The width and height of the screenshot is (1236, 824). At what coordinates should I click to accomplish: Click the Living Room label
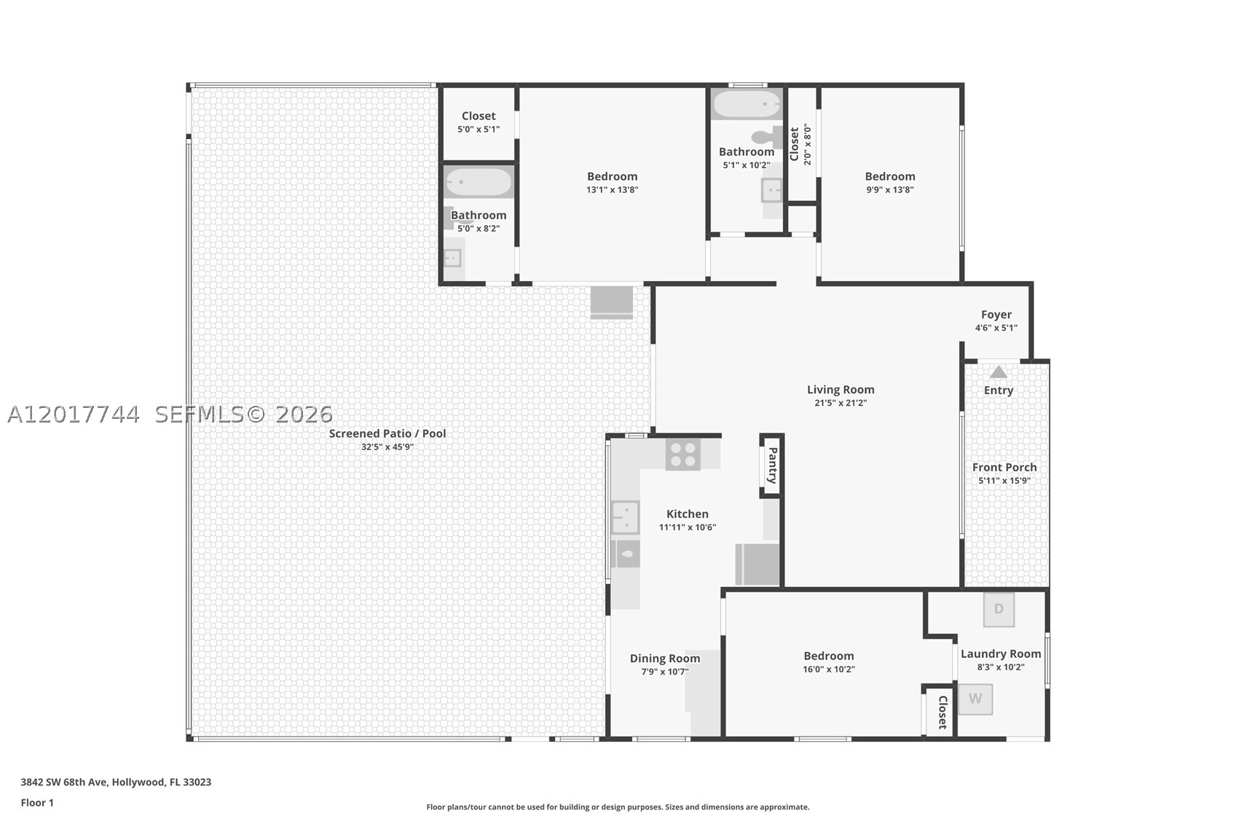(841, 390)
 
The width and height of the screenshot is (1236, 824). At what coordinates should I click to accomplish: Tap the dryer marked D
(999, 609)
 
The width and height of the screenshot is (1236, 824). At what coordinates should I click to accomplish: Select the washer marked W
(975, 699)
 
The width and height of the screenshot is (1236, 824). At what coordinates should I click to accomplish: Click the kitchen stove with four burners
(682, 455)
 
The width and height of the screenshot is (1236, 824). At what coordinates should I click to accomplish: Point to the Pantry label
(773, 466)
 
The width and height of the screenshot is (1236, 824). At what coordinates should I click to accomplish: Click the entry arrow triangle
(998, 372)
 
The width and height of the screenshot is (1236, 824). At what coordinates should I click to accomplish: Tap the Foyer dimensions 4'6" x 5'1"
(996, 328)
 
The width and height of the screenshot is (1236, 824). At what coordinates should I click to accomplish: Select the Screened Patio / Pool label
(387, 433)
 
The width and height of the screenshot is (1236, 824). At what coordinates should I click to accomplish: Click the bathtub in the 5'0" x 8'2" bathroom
(479, 182)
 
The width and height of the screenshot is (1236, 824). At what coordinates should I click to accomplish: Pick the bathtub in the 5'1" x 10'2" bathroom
(747, 103)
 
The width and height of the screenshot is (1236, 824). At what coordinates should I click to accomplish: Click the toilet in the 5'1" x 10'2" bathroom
(767, 137)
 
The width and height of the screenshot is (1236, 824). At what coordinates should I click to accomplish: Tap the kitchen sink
(625, 517)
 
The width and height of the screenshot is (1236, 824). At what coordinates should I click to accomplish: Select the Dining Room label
(665, 659)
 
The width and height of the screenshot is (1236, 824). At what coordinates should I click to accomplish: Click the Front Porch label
(1004, 468)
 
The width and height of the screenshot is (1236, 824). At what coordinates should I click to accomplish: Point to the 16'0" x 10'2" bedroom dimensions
(829, 670)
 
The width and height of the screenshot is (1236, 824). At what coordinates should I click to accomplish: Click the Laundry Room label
(1001, 654)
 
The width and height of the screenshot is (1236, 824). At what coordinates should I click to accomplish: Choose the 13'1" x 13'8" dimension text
(612, 190)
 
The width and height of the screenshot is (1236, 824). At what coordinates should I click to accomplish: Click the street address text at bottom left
(116, 782)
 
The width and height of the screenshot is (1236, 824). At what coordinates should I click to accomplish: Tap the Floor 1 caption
(37, 803)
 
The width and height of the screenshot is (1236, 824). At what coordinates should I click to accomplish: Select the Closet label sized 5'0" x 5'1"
(479, 116)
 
